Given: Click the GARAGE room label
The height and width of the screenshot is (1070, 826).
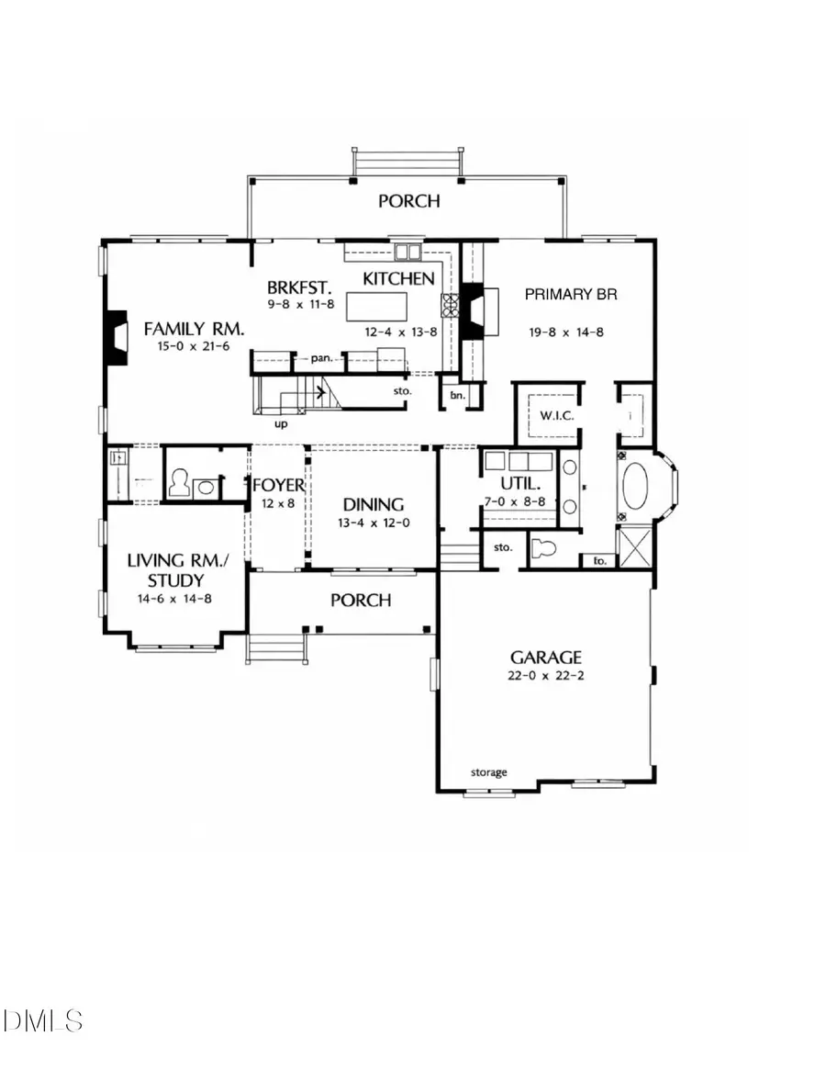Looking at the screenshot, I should [546, 657].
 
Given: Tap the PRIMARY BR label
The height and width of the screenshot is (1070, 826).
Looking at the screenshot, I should [570, 295].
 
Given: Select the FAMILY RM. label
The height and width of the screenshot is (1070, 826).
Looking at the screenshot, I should [186, 327].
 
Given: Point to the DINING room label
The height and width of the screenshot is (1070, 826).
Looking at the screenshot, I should [374, 504].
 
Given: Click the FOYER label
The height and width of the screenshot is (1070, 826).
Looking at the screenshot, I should [278, 484].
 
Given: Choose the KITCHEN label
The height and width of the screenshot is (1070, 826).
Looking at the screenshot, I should [398, 278].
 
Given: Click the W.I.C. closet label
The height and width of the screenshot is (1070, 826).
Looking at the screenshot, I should [555, 416].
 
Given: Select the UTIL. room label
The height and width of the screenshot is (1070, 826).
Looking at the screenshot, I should [516, 483].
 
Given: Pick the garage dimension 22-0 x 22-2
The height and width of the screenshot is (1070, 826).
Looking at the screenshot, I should [546, 678].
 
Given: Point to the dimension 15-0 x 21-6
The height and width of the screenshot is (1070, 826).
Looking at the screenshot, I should [186, 346].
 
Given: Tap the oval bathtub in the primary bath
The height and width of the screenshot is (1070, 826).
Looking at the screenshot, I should [635, 486].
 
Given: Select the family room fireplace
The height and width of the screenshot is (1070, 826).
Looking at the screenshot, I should [115, 337].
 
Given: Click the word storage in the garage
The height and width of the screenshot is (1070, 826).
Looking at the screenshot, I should [488, 772].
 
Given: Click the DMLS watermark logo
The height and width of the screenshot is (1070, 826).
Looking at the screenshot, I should [43, 1019].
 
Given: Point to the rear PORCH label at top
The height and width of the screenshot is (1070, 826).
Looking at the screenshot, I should [409, 200].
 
